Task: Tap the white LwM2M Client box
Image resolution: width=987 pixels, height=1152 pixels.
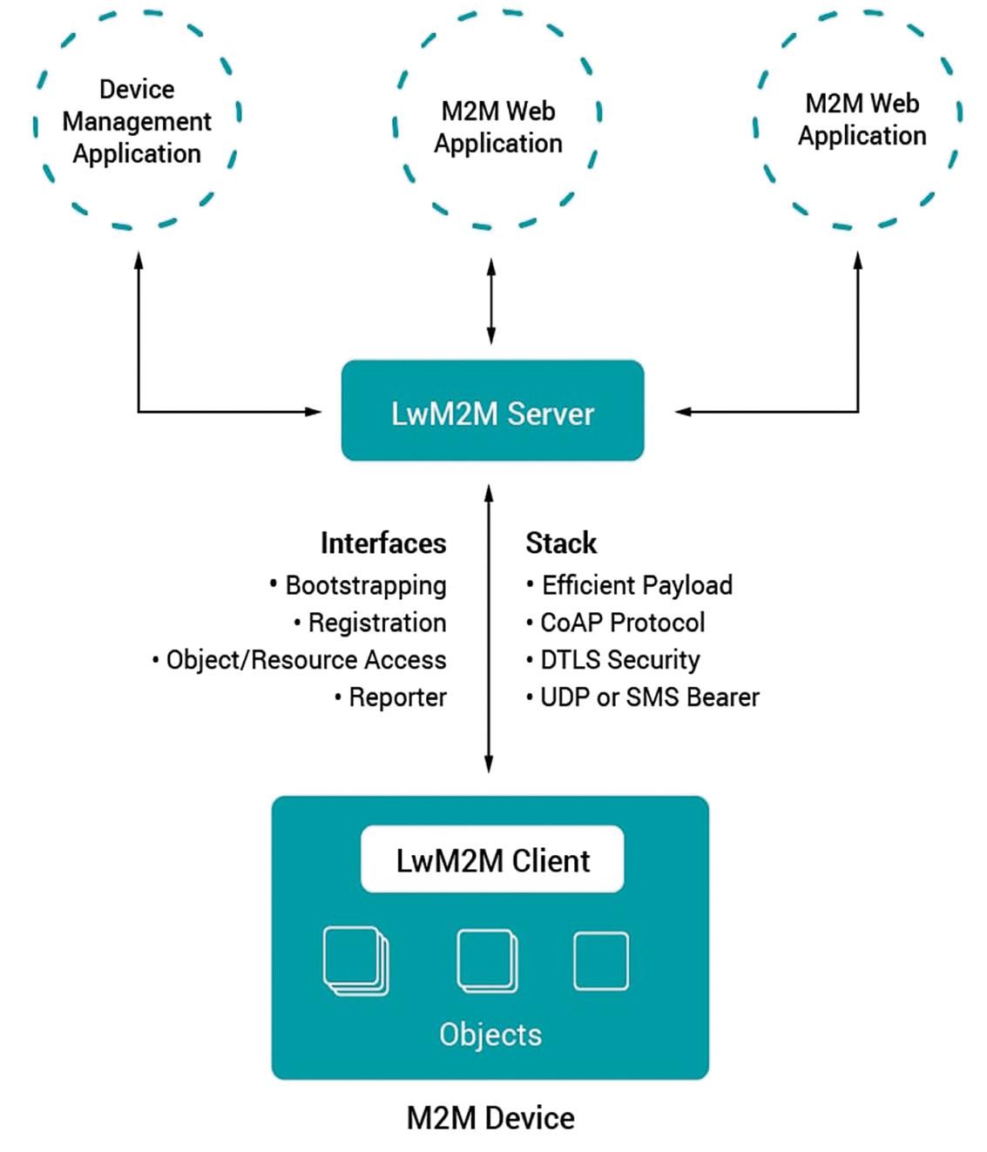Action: tap(492, 859)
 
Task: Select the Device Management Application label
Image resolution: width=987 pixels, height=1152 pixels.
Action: tap(137, 121)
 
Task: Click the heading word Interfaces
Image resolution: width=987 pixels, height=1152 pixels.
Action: tap(383, 542)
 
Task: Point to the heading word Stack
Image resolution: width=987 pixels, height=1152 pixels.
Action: tap(561, 542)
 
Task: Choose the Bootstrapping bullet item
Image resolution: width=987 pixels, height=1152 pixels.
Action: tap(365, 585)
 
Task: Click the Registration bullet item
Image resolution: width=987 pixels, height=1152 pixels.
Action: tap(376, 623)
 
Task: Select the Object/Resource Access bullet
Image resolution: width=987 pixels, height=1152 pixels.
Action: tap(305, 660)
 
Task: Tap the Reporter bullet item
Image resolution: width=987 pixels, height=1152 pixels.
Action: tap(396, 697)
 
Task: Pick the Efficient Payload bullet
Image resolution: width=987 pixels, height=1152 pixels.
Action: tap(636, 585)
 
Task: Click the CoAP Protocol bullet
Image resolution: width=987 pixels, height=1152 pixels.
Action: tap(622, 623)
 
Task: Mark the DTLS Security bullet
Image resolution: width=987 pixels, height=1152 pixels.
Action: tap(619, 660)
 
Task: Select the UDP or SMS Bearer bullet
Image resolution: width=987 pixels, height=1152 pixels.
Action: tap(649, 697)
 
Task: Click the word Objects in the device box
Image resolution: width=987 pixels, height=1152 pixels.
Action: tap(490, 1034)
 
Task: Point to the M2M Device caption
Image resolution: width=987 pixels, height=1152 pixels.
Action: tap(490, 1118)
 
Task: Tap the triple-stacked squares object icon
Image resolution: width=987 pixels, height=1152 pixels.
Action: tap(355, 960)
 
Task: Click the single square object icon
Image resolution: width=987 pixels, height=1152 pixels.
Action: tap(601, 960)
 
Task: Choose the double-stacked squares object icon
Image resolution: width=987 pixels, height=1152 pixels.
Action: tap(487, 960)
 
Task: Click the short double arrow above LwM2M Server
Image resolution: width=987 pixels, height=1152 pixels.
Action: tap(491, 300)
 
